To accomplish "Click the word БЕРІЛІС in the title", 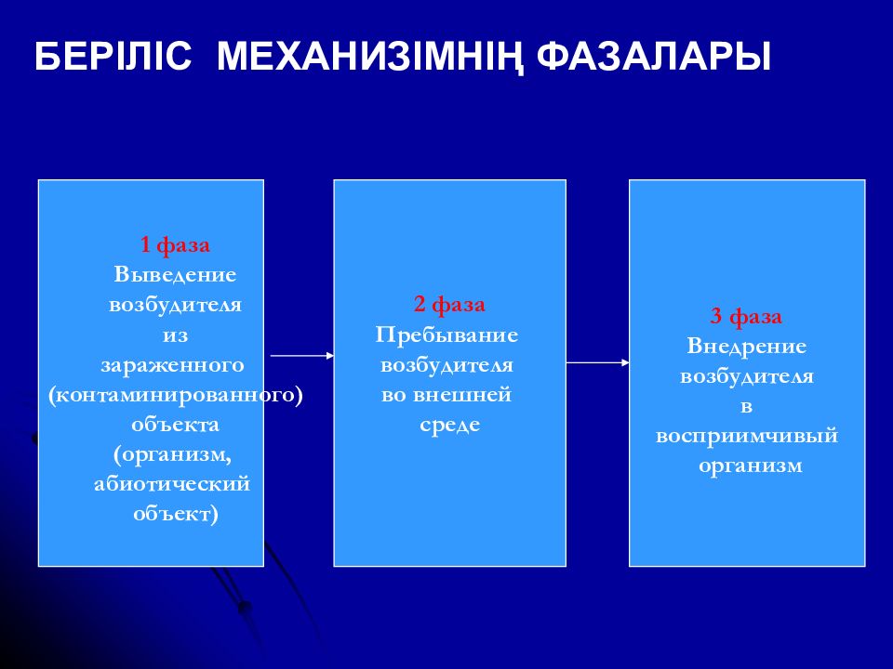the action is (x=113, y=56).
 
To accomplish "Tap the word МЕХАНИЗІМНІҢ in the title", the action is (x=370, y=57).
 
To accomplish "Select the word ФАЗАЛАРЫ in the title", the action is (x=654, y=56).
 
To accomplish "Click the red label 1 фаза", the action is (x=175, y=244).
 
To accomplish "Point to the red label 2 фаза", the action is (x=449, y=305).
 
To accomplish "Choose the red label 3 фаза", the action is (x=746, y=316).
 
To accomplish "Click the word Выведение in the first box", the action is (x=175, y=274).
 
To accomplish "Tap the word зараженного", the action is (x=172, y=365).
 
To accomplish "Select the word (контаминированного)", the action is (x=176, y=395).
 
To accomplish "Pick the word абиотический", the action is (x=172, y=483).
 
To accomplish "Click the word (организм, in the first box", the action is (x=173, y=454).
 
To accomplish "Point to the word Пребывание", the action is (x=446, y=334).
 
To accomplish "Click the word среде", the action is (x=450, y=425).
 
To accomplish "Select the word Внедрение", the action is (x=747, y=346).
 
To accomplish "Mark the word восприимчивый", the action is (x=747, y=436).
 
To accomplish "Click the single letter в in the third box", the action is (x=747, y=407).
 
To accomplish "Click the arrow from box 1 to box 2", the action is (x=301, y=356).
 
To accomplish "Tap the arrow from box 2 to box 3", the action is (x=598, y=362).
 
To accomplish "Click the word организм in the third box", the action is (x=750, y=466).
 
